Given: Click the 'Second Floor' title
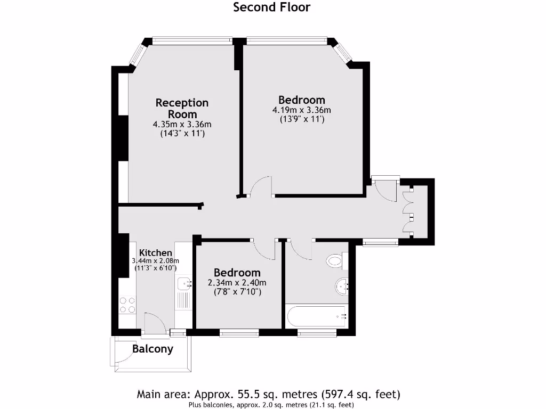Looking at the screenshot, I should point(272,7).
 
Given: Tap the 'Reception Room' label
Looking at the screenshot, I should point(182,108).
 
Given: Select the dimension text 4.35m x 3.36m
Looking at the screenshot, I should point(182,125).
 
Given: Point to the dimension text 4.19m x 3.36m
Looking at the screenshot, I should point(302,110).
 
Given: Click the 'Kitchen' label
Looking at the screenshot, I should point(156,252).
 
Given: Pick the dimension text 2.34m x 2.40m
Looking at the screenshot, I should point(237,283).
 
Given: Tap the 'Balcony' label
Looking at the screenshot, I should point(152,349).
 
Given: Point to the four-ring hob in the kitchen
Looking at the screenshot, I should point(128,305).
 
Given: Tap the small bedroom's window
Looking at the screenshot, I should point(239,333).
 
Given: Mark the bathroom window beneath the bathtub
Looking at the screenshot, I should point(317,333).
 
